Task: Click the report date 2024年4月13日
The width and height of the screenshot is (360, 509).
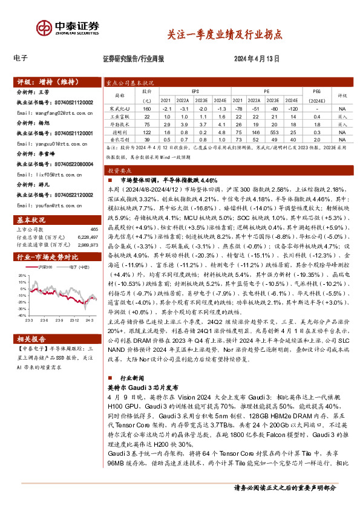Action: click(257, 59)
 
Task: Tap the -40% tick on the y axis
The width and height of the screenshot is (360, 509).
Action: click(22, 314)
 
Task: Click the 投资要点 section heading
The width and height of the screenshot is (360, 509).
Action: click(121, 171)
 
